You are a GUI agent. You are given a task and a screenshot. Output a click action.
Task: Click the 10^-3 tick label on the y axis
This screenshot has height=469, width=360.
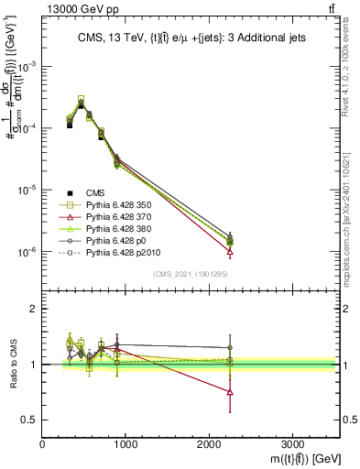(27, 67)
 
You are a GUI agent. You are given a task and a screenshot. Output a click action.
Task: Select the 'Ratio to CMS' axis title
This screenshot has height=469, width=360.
(12, 365)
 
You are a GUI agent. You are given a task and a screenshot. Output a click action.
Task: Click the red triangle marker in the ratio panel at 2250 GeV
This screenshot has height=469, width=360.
(230, 392)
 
